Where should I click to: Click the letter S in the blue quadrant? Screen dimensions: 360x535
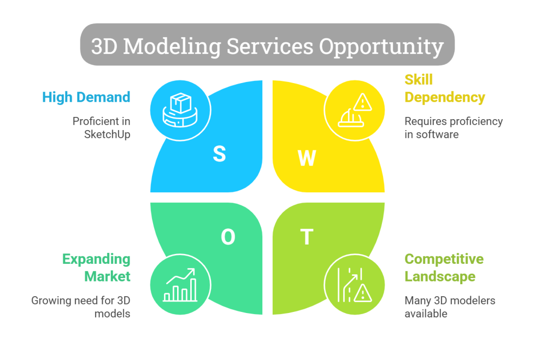click(x=219, y=154)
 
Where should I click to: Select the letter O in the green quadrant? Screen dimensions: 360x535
click(x=228, y=237)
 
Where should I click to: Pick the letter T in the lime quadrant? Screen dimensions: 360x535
click(x=306, y=237)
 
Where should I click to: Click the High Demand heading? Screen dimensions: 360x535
click(x=86, y=97)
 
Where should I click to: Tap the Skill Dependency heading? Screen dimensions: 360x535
click(x=445, y=88)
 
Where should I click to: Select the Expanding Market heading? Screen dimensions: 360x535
click(x=96, y=267)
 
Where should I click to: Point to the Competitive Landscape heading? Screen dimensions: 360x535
click(x=444, y=267)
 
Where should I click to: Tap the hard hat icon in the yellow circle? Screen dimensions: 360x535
click(x=354, y=110)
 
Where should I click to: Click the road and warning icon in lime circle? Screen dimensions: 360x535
click(x=354, y=285)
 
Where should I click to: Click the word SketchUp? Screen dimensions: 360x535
click(x=107, y=134)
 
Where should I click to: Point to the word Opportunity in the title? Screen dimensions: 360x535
click(x=381, y=47)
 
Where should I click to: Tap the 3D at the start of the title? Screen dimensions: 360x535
click(x=104, y=47)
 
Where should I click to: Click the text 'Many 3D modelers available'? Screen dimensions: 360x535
click(x=450, y=307)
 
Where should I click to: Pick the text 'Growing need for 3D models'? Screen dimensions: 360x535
click(x=81, y=307)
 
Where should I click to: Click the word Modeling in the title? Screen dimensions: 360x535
click(x=172, y=47)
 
